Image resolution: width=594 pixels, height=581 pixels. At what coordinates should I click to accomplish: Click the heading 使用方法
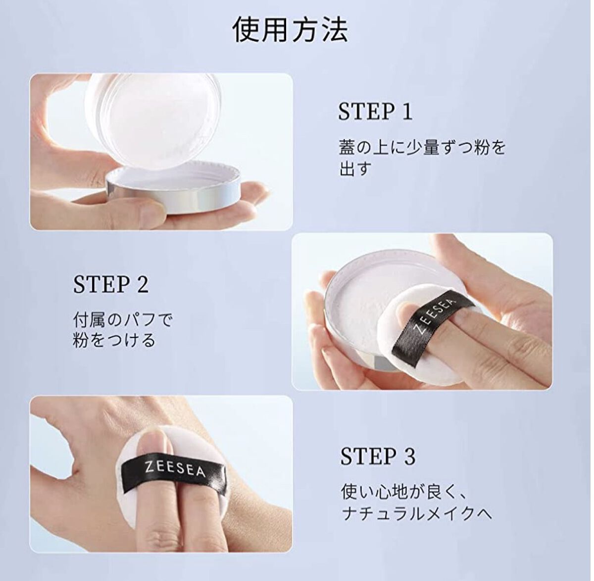[290, 30]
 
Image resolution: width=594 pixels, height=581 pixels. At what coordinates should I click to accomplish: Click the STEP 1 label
[375, 111]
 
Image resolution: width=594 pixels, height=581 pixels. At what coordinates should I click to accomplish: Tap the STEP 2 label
[111, 284]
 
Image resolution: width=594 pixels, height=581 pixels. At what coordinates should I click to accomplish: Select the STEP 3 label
[378, 456]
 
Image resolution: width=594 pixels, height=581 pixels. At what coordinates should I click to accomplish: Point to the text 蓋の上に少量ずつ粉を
[423, 148]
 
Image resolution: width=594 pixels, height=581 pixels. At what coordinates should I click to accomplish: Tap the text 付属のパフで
[123, 320]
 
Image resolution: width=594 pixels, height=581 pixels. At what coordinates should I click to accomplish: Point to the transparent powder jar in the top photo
[153, 119]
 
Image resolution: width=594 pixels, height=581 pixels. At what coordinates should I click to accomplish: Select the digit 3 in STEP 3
[410, 456]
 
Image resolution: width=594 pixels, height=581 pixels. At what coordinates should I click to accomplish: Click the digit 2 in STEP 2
[143, 284]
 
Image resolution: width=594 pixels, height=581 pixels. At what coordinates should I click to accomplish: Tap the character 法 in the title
[335, 30]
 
